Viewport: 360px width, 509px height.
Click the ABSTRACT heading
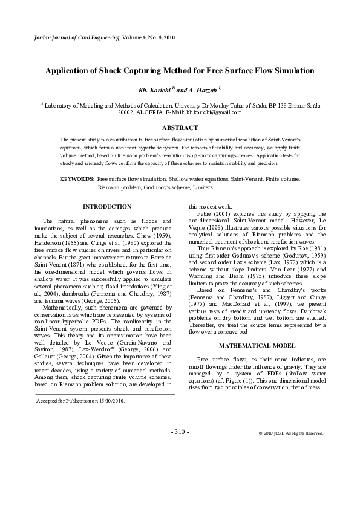point(180,128)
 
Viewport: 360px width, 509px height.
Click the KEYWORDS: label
point(77,180)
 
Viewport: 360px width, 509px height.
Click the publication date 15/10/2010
point(110,400)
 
